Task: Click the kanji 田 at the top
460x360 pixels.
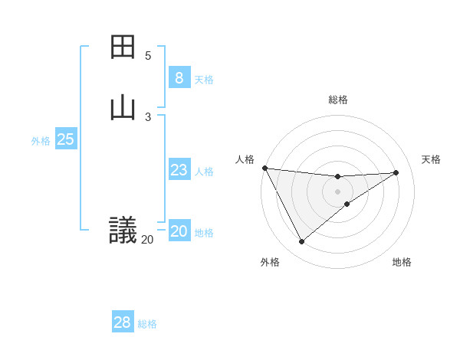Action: pos(123,47)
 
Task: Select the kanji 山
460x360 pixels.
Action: pos(123,108)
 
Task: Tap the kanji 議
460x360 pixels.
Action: pos(123,229)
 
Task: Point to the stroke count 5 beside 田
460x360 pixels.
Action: pos(148,56)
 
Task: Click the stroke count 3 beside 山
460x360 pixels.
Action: pos(148,116)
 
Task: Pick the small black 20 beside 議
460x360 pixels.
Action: pos(147,240)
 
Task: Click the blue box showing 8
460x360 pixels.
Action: pos(179,78)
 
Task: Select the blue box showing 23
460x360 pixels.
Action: pos(179,170)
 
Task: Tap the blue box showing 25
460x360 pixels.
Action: pos(65,139)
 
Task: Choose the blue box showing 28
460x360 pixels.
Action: pos(123,322)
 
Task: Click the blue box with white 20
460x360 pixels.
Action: pos(179,231)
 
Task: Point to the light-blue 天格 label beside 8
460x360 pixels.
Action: pos(204,80)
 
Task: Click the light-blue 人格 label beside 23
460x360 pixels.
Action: pos(204,172)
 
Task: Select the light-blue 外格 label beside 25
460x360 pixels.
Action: pos(41,141)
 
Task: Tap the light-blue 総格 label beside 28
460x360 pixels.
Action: pos(147,324)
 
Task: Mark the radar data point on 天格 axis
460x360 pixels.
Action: pos(396,172)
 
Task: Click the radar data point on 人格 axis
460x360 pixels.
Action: pos(264,168)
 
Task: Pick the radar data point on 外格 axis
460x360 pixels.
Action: pos(301,241)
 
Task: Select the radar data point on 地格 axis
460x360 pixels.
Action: pos(347,204)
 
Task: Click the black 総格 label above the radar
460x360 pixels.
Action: pos(338,100)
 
